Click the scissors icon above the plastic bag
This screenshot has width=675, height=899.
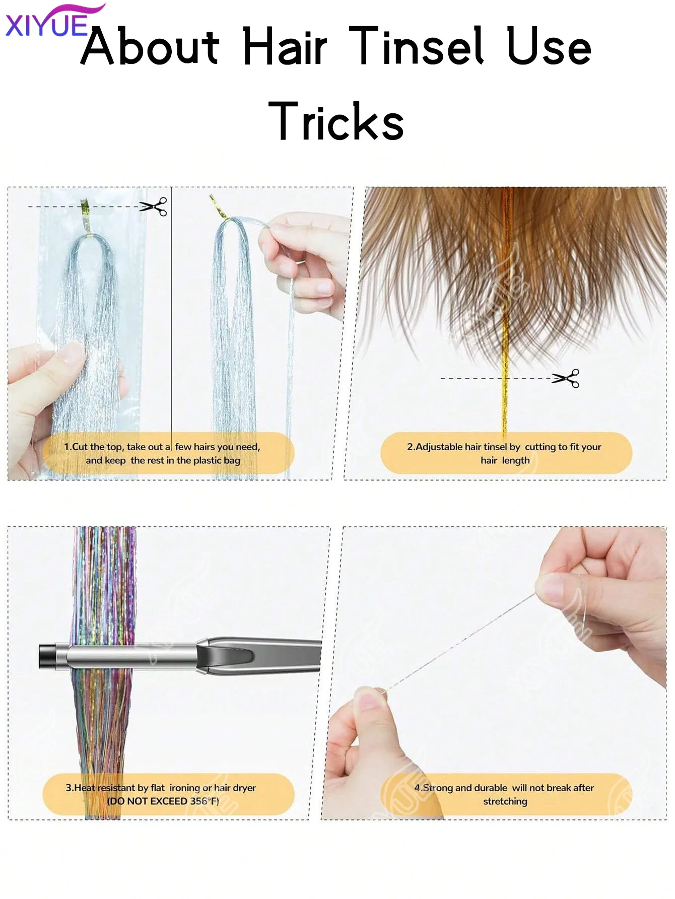coord(154,206)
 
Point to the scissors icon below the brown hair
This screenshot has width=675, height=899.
coord(566,378)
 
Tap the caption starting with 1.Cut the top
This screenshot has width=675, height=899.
coord(162,453)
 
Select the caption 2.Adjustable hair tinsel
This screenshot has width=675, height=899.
coord(504,453)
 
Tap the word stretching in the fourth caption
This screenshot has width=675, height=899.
coord(505,801)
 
